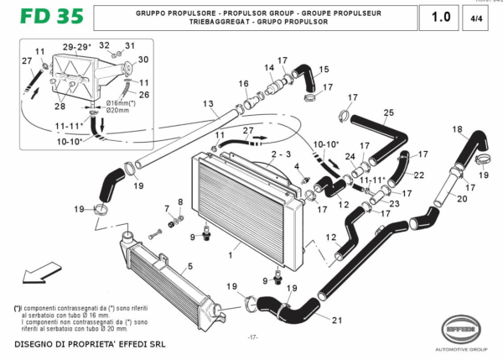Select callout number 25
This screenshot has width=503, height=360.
[388, 112]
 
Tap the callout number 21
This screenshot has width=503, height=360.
[337, 321]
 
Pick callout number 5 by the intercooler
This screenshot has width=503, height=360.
[189, 266]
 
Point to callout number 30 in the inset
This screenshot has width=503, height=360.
[143, 60]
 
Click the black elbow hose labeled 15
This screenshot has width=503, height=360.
[307, 81]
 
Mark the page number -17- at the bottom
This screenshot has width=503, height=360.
[251, 337]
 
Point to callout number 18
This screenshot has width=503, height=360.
[457, 128]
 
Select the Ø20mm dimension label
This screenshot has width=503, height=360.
[118, 110]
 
